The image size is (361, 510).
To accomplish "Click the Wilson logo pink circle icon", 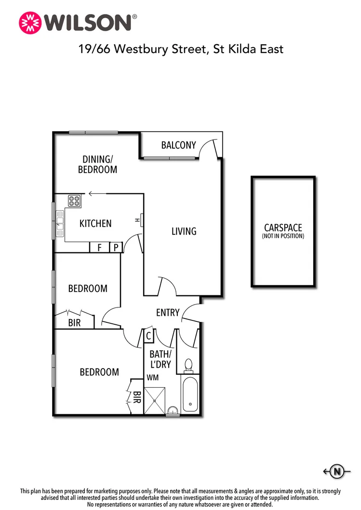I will (x=29, y=22).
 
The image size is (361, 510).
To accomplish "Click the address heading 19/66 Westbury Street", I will (x=181, y=49).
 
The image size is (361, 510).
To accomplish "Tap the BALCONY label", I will (x=178, y=145).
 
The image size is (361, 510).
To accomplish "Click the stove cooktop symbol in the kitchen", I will (x=74, y=201).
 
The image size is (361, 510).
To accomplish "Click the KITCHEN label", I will (x=95, y=223).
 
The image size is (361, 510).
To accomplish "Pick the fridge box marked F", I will (x=100, y=247).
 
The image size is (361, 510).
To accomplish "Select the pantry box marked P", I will (x=116, y=247).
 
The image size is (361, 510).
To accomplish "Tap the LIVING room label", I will (x=184, y=231).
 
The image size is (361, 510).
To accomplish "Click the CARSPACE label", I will (x=283, y=228).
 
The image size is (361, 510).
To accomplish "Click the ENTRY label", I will (x=168, y=313).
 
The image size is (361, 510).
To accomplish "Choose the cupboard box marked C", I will (x=149, y=335).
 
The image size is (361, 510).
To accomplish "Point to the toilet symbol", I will (x=188, y=366).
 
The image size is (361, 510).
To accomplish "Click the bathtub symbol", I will (x=188, y=394).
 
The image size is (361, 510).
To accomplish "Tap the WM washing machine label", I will (x=153, y=378).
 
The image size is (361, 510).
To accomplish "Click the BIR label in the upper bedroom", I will (x=74, y=323).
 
